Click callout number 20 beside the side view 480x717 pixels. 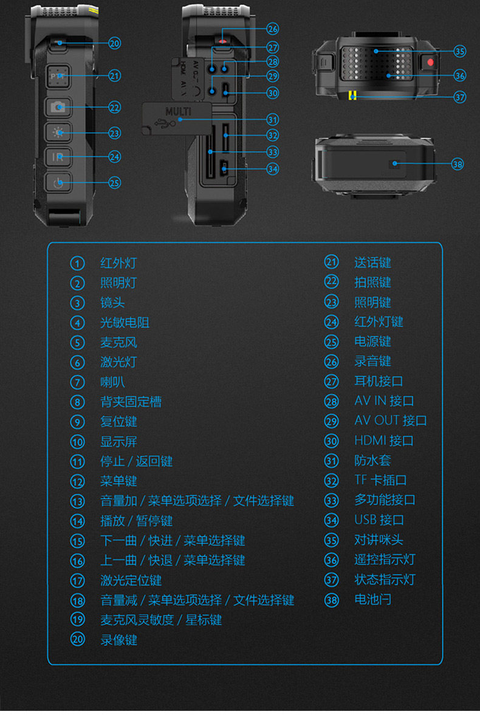click(x=115, y=43)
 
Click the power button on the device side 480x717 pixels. click(x=58, y=182)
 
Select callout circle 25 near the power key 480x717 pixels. click(x=114, y=182)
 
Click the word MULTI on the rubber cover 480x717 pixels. click(x=178, y=112)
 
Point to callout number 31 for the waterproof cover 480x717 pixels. click(x=272, y=120)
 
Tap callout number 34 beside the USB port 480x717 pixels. click(x=272, y=168)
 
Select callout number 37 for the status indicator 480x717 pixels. click(x=460, y=97)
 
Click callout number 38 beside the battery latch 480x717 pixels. click(x=458, y=163)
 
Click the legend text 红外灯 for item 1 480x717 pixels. click(x=118, y=263)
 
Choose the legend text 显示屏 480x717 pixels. click(x=118, y=442)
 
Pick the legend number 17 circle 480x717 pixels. click(x=77, y=580)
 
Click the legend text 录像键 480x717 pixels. click(x=118, y=640)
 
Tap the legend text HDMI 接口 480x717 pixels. click(x=383, y=441)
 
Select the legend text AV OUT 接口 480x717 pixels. click(x=390, y=420)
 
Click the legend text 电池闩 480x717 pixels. click(x=372, y=600)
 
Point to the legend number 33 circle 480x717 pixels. click(x=331, y=500)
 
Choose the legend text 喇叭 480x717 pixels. click(x=112, y=382)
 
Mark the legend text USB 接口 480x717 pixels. click(x=379, y=520)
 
